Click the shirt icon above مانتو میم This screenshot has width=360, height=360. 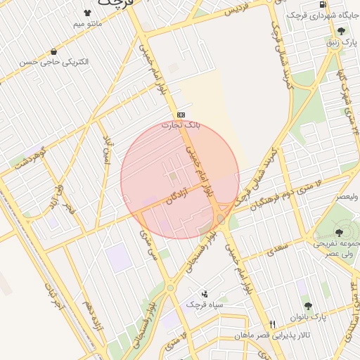(x=88, y=12)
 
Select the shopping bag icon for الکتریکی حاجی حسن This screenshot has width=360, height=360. (x=54, y=51)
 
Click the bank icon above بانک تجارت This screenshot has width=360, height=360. (x=181, y=114)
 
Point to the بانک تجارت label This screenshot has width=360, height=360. (x=181, y=125)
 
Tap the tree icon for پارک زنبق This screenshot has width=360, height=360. (x=342, y=31)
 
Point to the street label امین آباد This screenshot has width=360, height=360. (x=106, y=150)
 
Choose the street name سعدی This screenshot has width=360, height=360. (x=277, y=248)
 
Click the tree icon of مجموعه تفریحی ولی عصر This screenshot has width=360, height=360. (x=340, y=233)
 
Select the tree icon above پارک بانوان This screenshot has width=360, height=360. (x=307, y=306)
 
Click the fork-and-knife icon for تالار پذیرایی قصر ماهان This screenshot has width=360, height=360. (x=273, y=324)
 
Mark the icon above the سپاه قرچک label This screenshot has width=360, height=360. (x=205, y=293)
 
